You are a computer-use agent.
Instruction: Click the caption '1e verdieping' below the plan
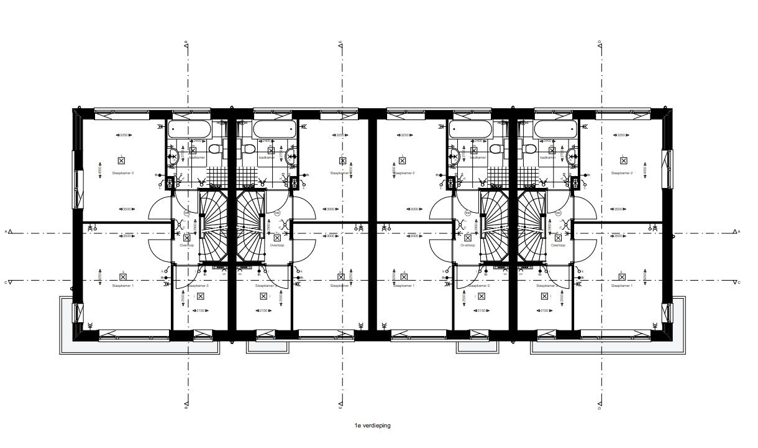point(373,426)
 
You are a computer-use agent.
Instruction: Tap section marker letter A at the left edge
point(6,231)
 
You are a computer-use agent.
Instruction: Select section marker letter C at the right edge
point(739,282)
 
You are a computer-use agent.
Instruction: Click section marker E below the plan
point(340,409)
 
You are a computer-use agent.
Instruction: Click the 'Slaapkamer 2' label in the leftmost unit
point(123,172)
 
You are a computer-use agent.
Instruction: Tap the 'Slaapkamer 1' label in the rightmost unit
point(622,286)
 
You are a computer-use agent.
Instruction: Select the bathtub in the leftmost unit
point(190,129)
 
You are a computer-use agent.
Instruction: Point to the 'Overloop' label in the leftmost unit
point(187,246)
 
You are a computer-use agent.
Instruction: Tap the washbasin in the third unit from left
point(455,156)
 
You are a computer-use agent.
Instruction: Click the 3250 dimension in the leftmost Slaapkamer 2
point(123,135)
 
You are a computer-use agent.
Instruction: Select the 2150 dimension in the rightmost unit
point(544,310)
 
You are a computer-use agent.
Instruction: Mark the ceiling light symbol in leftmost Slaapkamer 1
point(122,276)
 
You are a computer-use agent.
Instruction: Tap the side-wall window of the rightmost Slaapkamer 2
point(668,168)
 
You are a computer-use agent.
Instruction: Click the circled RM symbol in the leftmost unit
point(186,213)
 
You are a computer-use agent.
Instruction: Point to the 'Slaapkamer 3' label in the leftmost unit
point(199,286)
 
